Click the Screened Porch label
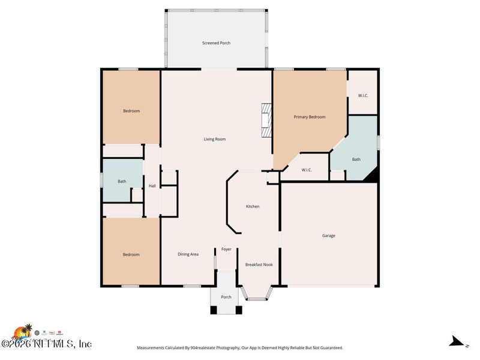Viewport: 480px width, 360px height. click(216, 43)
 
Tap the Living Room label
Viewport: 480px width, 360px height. click(214, 139)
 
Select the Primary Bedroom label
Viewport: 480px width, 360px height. click(309, 117)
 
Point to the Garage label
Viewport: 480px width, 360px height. click(328, 236)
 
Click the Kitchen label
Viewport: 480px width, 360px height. click(253, 206)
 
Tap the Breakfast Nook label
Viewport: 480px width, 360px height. click(259, 264)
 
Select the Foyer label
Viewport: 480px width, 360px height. click(226, 249)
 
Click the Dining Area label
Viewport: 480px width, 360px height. click(188, 254)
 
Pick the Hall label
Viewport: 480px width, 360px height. click(152, 186)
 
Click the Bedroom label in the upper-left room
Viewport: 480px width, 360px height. click(131, 111)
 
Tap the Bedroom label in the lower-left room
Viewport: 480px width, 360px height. click(131, 254)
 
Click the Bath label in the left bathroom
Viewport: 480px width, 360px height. click(122, 181)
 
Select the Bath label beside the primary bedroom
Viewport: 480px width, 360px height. click(356, 160)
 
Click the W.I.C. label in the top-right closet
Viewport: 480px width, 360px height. click(362, 95)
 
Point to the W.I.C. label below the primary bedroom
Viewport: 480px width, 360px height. click(306, 170)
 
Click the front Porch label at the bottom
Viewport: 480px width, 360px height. click(226, 297)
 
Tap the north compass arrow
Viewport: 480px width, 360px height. click(458, 342)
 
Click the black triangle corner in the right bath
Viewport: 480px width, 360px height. click(373, 175)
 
